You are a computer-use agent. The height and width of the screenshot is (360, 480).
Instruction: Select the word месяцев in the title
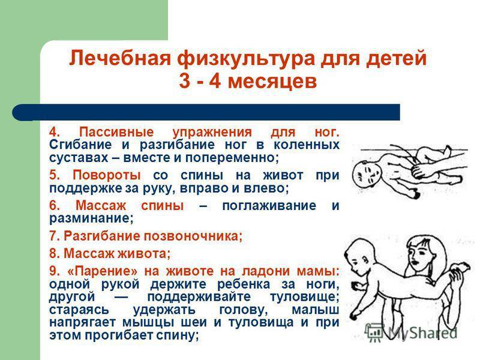coord(272,82)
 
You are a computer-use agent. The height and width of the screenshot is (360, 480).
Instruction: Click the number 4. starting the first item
coord(54,132)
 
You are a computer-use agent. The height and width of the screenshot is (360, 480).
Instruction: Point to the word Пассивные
coord(116,132)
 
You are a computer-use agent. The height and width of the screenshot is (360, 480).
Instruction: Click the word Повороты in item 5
coord(107,175)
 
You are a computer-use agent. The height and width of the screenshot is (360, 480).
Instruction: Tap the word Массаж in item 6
coord(101,205)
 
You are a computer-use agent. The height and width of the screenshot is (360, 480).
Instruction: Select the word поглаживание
coord(269,206)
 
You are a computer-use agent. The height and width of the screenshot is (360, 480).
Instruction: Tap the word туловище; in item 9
coord(305,298)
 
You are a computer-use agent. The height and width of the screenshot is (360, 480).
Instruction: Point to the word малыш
coord(316,310)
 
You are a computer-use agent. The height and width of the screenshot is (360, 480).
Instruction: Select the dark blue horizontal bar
coord(206,112)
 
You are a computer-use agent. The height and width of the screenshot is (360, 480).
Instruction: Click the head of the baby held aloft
coord(359,254)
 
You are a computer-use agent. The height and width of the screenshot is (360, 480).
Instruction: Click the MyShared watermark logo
coord(411,332)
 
